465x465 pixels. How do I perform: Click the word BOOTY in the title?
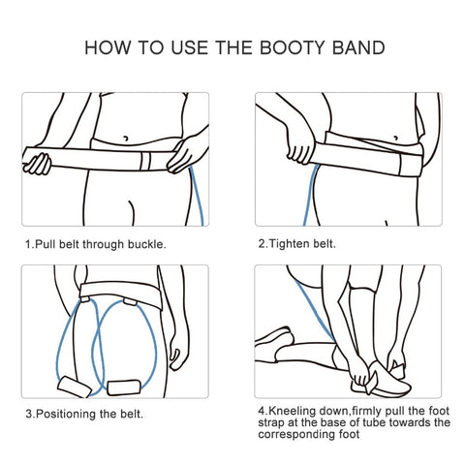click(x=292, y=47)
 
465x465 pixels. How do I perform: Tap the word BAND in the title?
click(x=358, y=47)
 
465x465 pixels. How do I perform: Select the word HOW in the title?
click(x=108, y=47)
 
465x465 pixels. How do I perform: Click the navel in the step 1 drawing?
click(x=126, y=139)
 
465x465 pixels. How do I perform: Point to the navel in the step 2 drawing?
click(x=396, y=138)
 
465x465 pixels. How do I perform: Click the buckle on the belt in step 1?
click(x=145, y=161)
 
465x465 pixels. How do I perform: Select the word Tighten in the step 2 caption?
click(x=285, y=243)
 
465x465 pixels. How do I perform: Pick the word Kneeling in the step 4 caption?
click(x=293, y=411)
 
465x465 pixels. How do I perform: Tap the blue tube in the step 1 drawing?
click(x=197, y=196)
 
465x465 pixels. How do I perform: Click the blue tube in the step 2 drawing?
click(x=310, y=195)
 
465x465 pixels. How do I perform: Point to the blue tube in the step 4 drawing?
click(x=315, y=309)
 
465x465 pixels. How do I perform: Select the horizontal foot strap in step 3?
click(x=124, y=387)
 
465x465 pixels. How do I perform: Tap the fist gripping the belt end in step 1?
click(x=38, y=165)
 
